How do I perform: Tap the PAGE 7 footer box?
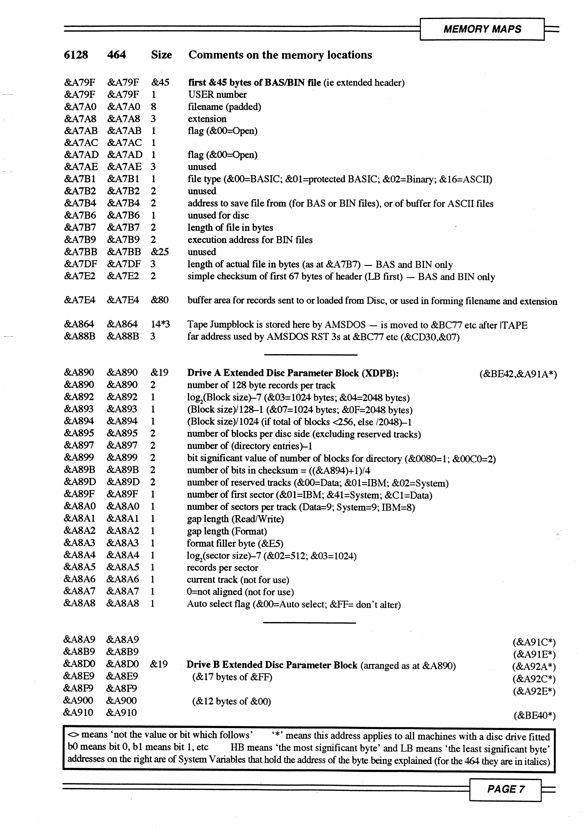pos(505,789)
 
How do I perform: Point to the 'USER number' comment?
pos(217,95)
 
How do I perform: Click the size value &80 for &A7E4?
pos(159,300)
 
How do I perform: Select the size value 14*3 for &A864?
pos(160,325)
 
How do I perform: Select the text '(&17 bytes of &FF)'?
pos(232,677)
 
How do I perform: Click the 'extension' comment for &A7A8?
pos(207,119)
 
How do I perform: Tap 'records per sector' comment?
pos(222,568)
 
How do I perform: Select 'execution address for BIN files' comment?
pos(250,240)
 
